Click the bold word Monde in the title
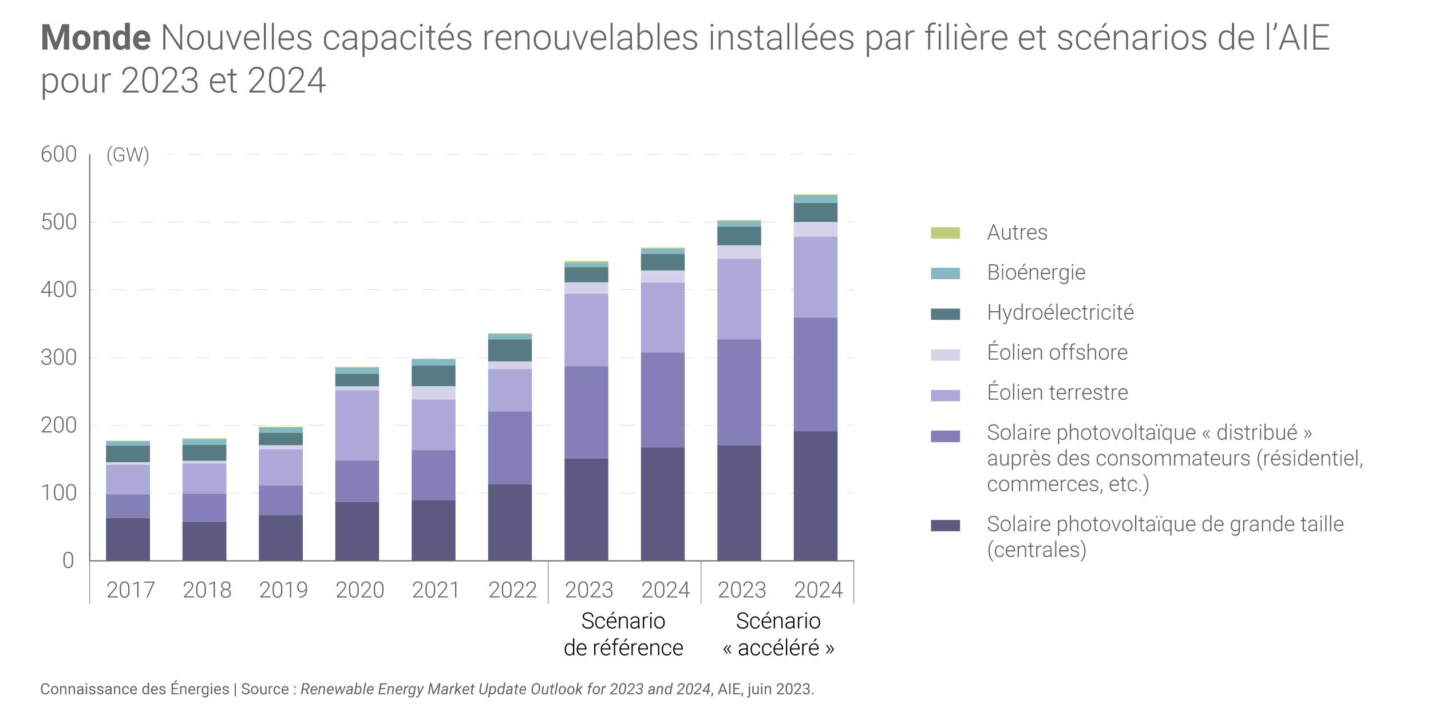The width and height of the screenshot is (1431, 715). [x=96, y=38]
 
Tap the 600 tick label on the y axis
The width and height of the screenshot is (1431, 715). [x=58, y=154]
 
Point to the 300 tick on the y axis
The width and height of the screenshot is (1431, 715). [x=58, y=357]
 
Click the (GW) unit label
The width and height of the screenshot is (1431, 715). [x=128, y=155]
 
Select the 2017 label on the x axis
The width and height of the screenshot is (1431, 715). [x=131, y=590]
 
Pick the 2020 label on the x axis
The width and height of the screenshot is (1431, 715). [x=359, y=590]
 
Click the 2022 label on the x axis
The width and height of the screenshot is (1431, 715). [x=512, y=590]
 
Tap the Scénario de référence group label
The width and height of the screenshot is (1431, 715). [x=623, y=634]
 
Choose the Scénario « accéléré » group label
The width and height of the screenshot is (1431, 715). [x=778, y=634]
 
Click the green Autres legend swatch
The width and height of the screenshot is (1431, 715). [x=945, y=233]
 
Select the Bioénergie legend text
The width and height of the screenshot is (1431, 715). [x=1036, y=272]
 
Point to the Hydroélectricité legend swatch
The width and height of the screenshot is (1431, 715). [x=945, y=314]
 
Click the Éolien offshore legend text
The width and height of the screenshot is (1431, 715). [x=1057, y=352]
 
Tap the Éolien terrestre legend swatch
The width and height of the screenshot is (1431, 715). [x=945, y=395]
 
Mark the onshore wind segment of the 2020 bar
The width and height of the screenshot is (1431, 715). [x=357, y=425]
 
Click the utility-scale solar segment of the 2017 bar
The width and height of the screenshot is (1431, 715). [x=128, y=539]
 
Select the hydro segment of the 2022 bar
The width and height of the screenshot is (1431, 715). [x=509, y=350]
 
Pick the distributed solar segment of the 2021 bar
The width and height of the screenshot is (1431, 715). [x=433, y=475]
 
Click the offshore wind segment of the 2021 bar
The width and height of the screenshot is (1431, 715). [x=433, y=393]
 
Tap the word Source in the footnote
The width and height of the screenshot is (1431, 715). [x=264, y=689]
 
